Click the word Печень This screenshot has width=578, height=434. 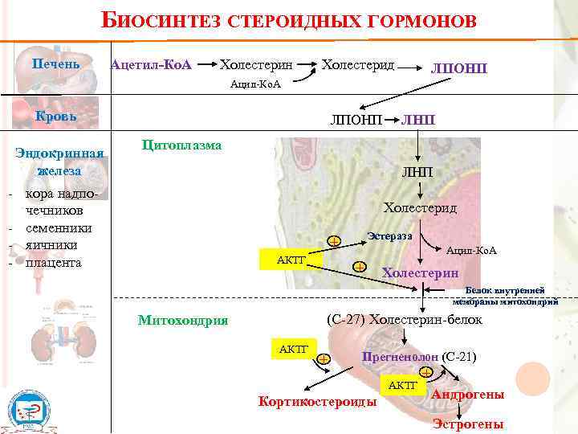55,63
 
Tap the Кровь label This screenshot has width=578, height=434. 55,116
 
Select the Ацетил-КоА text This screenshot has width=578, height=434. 151,63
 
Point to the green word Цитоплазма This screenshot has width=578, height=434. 181,145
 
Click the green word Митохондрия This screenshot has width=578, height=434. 183,320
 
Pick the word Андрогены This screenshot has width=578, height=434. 468,395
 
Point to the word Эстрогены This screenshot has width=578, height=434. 468,424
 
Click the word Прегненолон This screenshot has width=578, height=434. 400,356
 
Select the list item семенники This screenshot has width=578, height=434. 58,227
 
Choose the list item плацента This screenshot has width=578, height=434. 53,263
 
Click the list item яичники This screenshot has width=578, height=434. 51,245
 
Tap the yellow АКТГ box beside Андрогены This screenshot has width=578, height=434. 403,386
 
